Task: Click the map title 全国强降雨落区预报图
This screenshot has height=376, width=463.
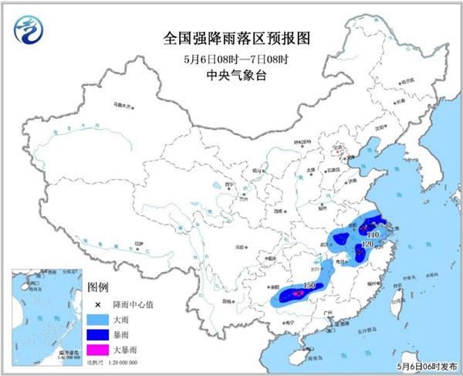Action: (x=231, y=38)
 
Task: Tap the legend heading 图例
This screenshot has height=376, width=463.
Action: (x=97, y=288)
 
